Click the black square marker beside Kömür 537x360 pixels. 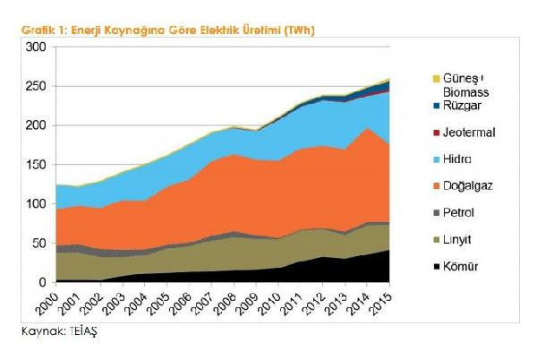(437, 268)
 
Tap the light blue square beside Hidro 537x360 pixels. (437, 159)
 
